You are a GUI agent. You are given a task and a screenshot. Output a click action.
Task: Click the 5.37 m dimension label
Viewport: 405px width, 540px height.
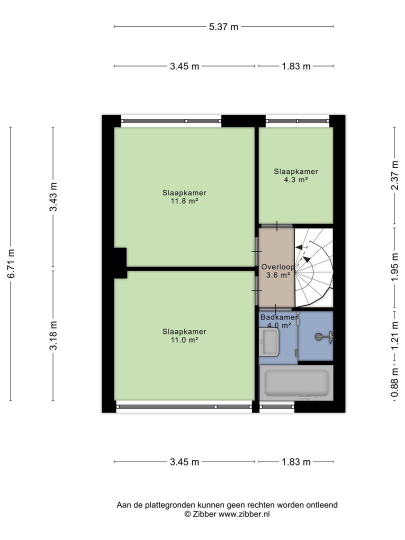click(223, 26)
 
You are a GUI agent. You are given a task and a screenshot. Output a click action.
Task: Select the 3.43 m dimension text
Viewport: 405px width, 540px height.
click(53, 196)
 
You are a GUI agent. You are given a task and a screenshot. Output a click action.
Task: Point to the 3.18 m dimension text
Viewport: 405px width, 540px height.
click(53, 335)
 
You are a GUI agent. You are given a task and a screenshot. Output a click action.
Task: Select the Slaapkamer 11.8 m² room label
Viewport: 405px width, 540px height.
click(184, 196)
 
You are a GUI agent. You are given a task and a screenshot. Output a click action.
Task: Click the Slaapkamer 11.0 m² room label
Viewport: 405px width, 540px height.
click(184, 335)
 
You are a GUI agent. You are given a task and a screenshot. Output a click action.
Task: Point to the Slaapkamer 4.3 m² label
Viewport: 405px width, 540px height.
click(296, 175)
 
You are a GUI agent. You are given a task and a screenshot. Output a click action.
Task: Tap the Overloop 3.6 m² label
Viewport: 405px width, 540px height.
click(277, 270)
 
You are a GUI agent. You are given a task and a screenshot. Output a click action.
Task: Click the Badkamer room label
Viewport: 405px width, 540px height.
click(278, 317)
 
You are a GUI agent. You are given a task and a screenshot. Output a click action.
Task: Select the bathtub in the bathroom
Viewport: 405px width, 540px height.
click(296, 383)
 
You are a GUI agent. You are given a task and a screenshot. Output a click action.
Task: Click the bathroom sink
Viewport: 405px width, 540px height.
click(269, 341)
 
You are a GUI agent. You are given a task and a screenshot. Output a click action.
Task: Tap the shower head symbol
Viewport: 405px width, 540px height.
click(324, 337)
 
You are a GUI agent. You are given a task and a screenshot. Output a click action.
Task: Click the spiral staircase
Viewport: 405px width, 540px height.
click(313, 267)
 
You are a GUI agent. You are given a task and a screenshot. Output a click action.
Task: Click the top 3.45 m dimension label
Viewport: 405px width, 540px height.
click(184, 66)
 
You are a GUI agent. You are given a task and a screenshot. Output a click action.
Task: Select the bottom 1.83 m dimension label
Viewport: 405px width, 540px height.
click(296, 462)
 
